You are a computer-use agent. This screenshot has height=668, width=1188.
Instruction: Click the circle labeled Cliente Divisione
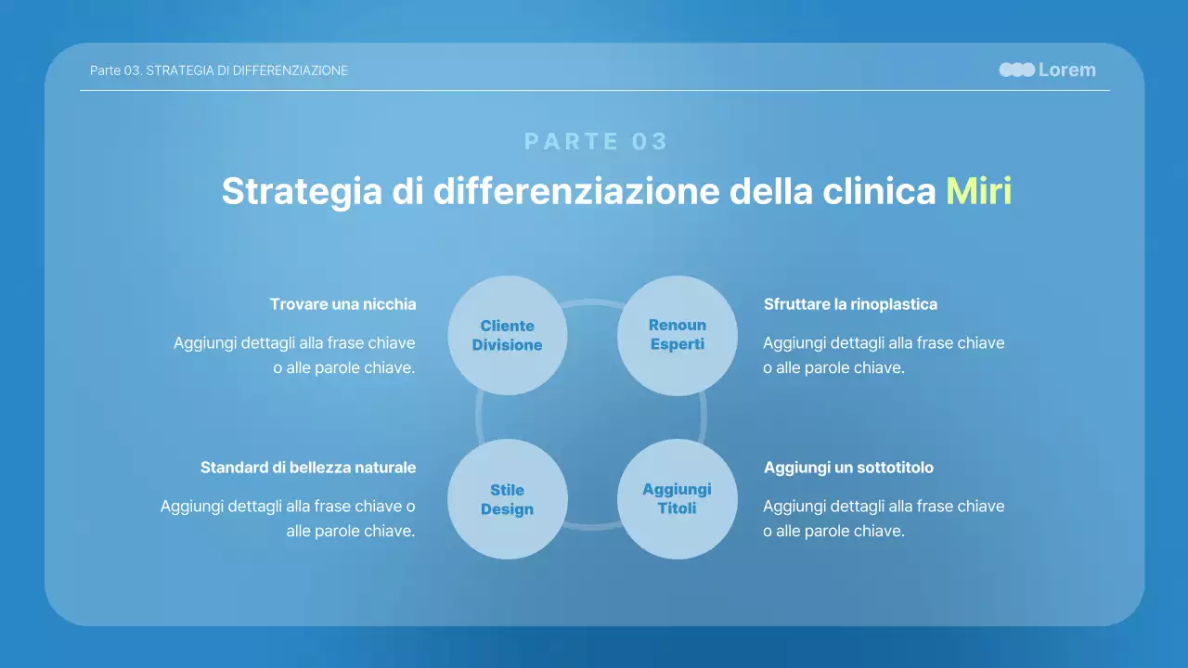point(507,335)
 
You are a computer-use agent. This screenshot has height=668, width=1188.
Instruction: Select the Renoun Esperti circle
point(678,335)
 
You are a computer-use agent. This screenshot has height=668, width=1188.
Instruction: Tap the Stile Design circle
point(507,499)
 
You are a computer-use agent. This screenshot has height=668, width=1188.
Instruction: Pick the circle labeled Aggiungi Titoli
point(678,499)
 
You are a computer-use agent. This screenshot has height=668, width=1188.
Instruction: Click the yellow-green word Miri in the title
point(978,191)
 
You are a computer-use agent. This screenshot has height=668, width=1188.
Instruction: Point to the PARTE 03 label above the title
point(596,141)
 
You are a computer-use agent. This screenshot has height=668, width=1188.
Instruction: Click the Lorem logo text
point(1066,70)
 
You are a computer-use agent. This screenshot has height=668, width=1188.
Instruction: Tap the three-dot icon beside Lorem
point(1016,70)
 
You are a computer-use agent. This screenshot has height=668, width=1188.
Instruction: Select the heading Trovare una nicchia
point(342,304)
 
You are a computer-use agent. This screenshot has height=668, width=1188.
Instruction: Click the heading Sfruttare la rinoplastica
point(850,304)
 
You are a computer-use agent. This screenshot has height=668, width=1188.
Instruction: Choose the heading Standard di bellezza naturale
point(308,468)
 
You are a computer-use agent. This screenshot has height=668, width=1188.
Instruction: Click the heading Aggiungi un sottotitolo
point(848,468)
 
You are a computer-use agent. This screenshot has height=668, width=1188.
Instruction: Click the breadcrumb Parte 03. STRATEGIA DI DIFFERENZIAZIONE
point(219,71)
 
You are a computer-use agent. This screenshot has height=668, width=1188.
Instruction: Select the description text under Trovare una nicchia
point(294,355)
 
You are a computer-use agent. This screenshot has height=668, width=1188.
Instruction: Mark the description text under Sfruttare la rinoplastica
point(884,355)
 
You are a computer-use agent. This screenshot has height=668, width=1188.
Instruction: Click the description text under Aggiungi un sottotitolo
point(884,519)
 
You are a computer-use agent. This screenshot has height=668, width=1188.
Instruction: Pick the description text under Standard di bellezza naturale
point(288,519)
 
